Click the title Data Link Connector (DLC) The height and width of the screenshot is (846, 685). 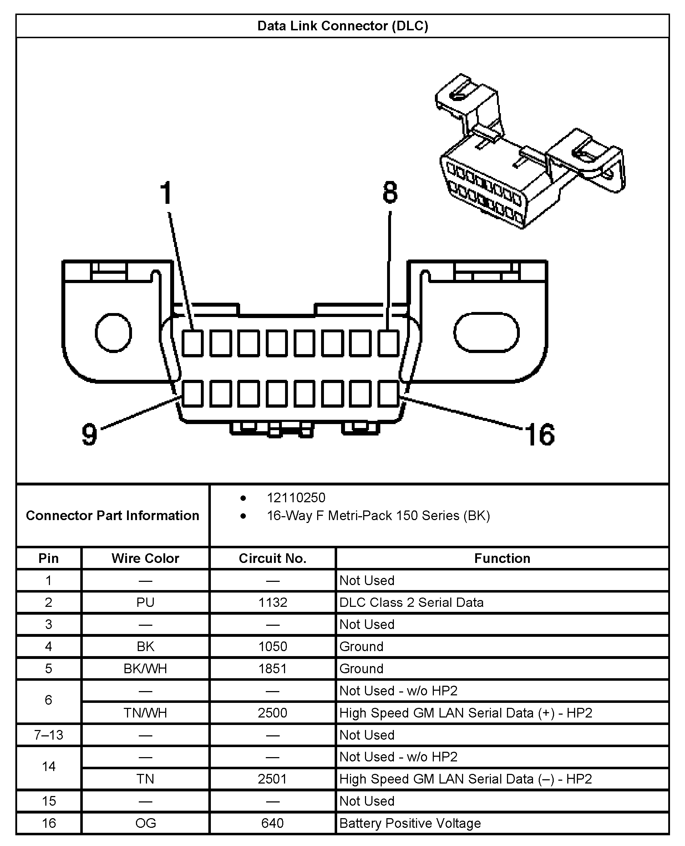tap(342, 26)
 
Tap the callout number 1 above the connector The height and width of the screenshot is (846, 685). tap(166, 193)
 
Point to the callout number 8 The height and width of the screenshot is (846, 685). tap(390, 193)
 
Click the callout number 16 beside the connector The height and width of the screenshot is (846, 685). tap(540, 435)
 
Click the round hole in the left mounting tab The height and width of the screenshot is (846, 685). tap(113, 333)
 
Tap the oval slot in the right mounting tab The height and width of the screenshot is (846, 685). tap(486, 332)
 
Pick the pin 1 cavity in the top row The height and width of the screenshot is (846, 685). tap(193, 343)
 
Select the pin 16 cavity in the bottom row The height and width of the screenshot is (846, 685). tap(389, 393)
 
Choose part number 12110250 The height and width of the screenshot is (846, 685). tap(296, 498)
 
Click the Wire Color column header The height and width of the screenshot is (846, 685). tap(145, 558)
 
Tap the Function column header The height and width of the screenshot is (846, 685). tap(502, 558)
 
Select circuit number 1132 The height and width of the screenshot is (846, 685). tap(273, 603)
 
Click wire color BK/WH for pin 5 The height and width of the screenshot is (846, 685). tap(145, 668)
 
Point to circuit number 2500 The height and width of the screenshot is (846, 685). tap(273, 712)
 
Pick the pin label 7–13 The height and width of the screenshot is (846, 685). tap(49, 735)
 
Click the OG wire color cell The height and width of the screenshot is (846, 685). tap(145, 823)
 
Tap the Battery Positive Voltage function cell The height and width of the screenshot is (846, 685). tap(410, 823)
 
